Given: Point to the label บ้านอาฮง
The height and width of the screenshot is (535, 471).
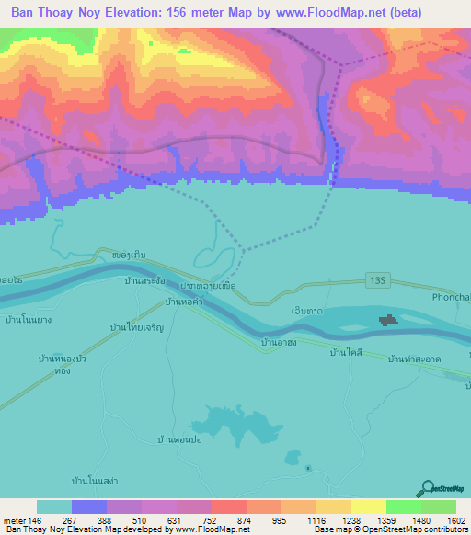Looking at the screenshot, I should click(x=278, y=343).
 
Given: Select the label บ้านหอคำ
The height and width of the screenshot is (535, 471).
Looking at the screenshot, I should click(x=183, y=302).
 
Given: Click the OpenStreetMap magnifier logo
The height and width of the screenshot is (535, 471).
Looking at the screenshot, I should click(x=425, y=488).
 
